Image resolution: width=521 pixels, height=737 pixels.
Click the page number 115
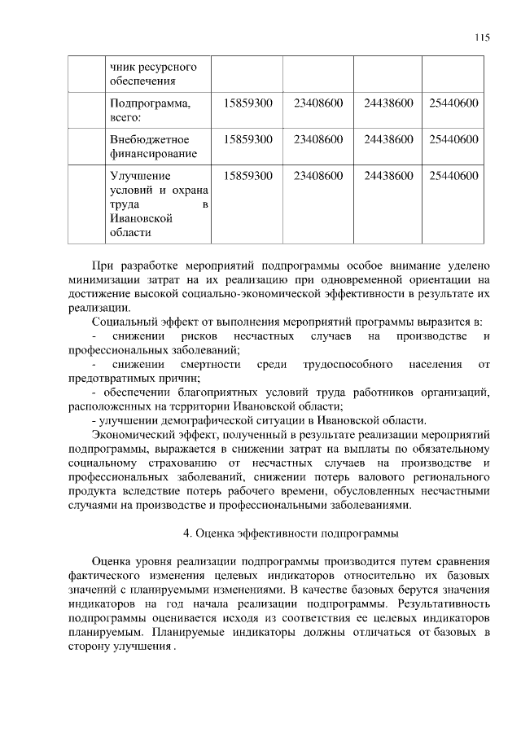tap(482, 37)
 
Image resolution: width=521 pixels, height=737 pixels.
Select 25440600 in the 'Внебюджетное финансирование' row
tap(453, 139)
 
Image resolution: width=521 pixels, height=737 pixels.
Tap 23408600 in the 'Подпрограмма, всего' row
tap(317, 103)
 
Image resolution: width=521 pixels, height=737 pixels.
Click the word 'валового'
tap(385, 477)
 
